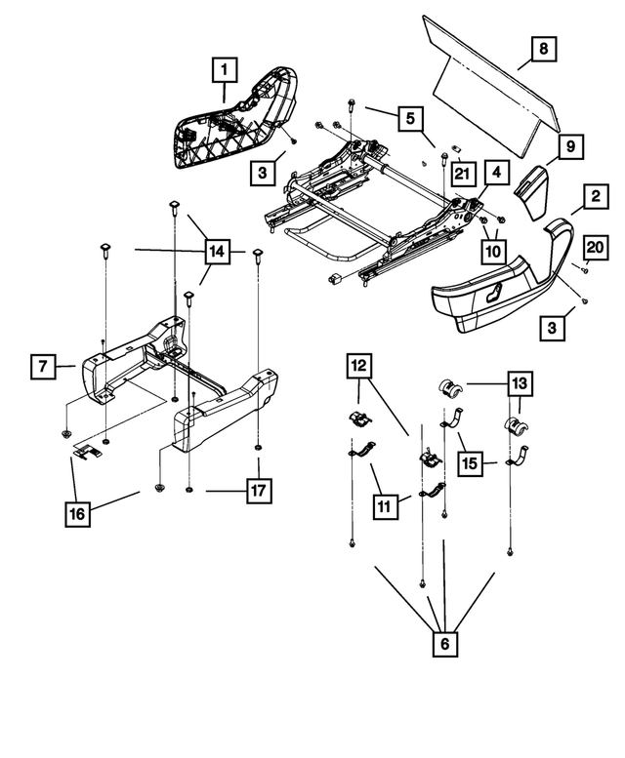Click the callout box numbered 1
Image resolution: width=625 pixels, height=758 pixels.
point(225,70)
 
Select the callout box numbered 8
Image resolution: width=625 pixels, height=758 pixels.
point(543,48)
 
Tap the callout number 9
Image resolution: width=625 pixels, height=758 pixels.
point(570,147)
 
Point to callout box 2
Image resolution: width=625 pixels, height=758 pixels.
point(593,198)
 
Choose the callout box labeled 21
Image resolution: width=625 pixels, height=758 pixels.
point(461,175)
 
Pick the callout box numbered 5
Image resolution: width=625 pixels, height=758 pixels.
point(409,119)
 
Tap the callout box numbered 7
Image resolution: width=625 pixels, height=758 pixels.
point(43,368)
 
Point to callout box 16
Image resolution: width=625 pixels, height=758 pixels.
point(79,512)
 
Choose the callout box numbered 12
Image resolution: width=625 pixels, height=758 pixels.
point(356,368)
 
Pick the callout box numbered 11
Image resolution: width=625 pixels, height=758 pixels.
point(387,505)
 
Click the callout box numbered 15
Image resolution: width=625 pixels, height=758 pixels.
point(472,462)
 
